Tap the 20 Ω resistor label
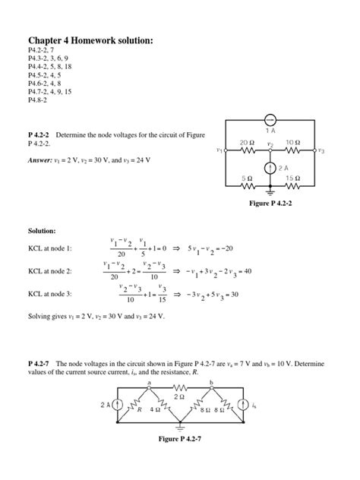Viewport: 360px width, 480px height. pos(246,142)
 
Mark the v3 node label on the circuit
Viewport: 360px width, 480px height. pos(321,150)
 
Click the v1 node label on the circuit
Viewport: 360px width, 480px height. pos(219,150)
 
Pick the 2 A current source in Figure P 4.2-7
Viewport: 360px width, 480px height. pos(118,406)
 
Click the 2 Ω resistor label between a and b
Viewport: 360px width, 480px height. pos(179,396)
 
